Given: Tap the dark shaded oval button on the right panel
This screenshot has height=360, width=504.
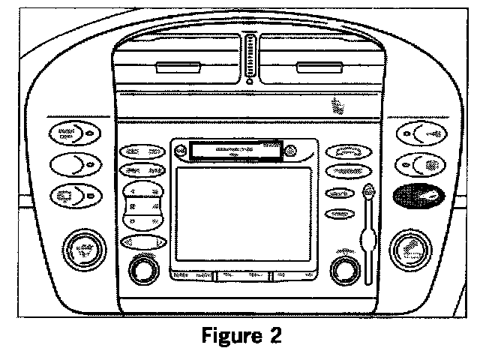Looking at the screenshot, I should coord(417,196).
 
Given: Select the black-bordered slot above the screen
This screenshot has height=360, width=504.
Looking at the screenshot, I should coord(235,151).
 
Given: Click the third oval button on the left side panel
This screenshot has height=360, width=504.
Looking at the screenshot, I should coord(74,196).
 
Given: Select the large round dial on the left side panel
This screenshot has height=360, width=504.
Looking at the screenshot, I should coord(84,249).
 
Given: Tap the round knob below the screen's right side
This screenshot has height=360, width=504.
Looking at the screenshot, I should coord(345,268).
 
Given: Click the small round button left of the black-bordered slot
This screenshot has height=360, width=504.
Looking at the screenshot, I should coord(179,151).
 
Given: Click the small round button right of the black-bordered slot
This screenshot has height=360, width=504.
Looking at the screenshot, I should coord(293,151).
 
